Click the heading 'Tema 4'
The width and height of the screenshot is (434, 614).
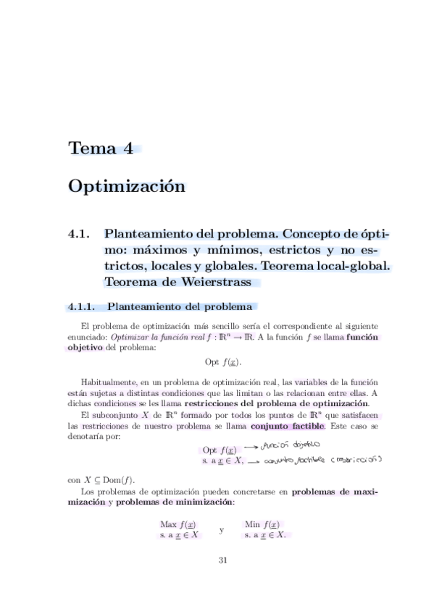[x=101, y=149]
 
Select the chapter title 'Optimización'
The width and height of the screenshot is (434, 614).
[x=127, y=186]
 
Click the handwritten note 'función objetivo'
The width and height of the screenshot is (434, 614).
[x=284, y=447]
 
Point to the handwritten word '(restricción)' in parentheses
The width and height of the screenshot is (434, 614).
[x=357, y=460]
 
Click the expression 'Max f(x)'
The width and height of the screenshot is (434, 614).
[x=178, y=524]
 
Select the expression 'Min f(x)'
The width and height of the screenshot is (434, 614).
[x=264, y=524]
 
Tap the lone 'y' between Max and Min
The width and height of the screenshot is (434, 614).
[x=221, y=531]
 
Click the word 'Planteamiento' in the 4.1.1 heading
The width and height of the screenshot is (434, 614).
[x=138, y=306]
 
